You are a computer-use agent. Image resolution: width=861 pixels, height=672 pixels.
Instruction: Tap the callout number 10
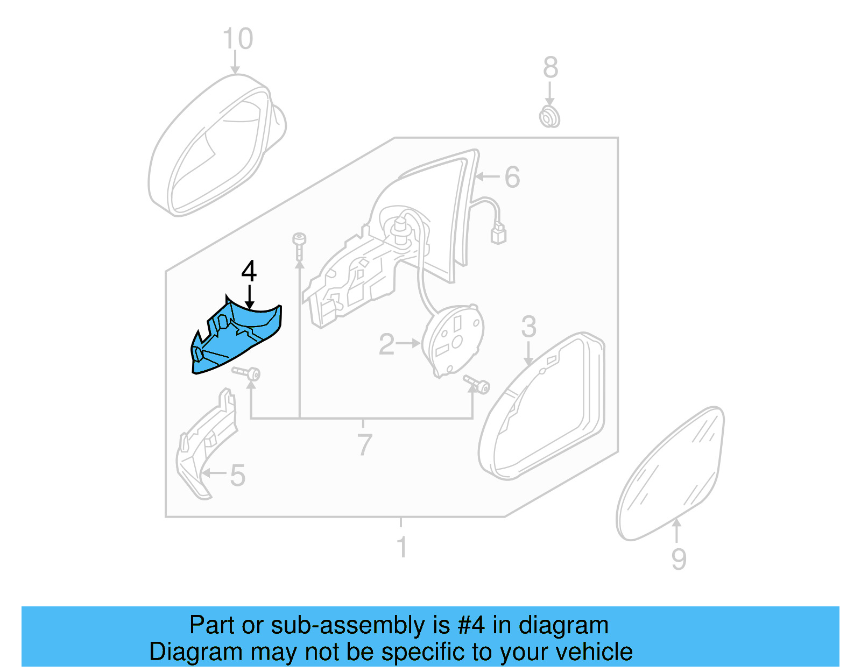coord(237,39)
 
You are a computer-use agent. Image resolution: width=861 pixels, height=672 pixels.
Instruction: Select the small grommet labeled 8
coord(549,117)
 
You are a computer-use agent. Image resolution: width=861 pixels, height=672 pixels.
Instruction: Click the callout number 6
coord(512,177)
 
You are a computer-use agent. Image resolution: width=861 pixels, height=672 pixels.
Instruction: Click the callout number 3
coord(528,327)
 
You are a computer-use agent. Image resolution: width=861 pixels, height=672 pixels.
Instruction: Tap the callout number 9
coord(679,559)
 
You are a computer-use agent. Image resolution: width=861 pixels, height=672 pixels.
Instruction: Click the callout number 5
coord(237,476)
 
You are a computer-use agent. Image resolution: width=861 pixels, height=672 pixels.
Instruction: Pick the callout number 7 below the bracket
coord(364,444)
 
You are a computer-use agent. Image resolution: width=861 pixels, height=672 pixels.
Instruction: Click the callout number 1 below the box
coord(401,547)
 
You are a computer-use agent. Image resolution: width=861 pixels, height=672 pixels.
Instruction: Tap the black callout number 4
coord(249,272)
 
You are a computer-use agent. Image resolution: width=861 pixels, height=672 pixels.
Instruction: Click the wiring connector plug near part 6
coord(498,235)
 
